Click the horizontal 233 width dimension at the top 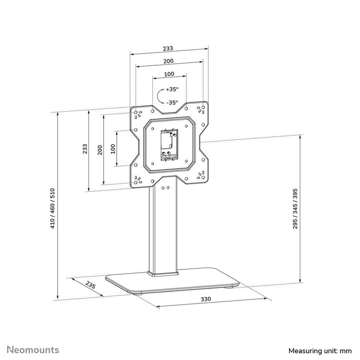[x=168, y=48]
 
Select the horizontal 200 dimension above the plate [x=168, y=61]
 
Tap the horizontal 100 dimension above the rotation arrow [x=168, y=74]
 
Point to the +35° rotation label [x=172, y=89]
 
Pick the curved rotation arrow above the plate [x=161, y=96]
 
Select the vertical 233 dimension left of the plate [x=85, y=149]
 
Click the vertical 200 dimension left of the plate [x=99, y=149]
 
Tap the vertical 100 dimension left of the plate [x=113, y=149]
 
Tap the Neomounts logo [x=33, y=350]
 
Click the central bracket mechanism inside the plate [x=167, y=146]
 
